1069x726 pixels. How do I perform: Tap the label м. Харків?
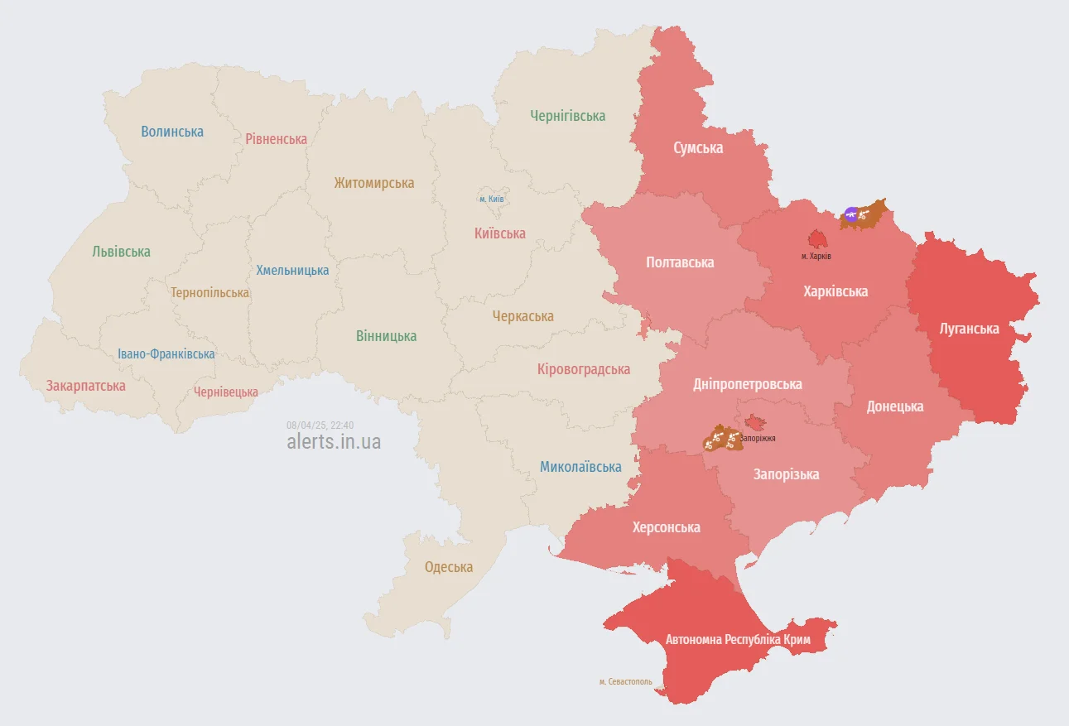(x=816, y=257)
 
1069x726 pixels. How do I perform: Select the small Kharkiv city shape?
(x=817, y=239)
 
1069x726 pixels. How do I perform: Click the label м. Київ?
(x=491, y=199)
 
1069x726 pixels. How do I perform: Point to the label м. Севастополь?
(x=625, y=682)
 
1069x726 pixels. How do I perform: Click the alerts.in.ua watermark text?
(x=334, y=441)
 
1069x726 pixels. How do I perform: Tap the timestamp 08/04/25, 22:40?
(x=320, y=425)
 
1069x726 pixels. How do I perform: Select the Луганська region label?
(x=969, y=329)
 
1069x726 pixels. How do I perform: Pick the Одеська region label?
(x=449, y=567)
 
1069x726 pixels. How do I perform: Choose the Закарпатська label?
(x=86, y=386)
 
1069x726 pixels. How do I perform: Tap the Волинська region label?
(x=172, y=132)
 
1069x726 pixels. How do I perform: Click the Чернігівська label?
(x=567, y=116)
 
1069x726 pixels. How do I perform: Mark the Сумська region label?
(x=697, y=148)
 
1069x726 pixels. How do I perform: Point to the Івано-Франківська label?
(x=166, y=353)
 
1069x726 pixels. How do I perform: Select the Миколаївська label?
(x=580, y=467)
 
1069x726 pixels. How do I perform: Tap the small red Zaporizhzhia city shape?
(x=754, y=422)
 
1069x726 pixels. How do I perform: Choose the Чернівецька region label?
(x=225, y=392)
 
